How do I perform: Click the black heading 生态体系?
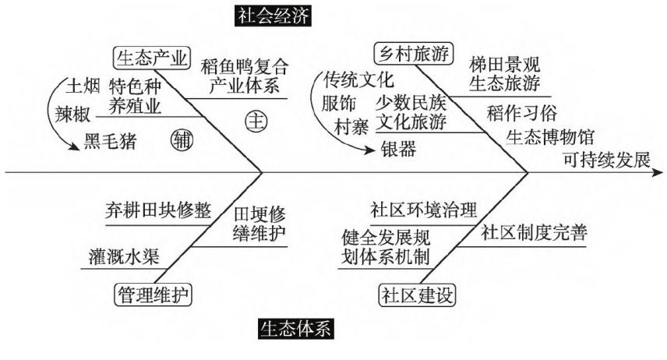point(295,330)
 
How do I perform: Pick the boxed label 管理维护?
point(154,294)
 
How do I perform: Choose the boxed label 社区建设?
point(418,295)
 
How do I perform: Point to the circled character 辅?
point(179,140)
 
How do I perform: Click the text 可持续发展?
point(605,161)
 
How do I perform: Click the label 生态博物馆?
point(551,137)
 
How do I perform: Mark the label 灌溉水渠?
point(124,255)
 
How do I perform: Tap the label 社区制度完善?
point(534,233)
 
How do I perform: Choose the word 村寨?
point(352,125)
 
